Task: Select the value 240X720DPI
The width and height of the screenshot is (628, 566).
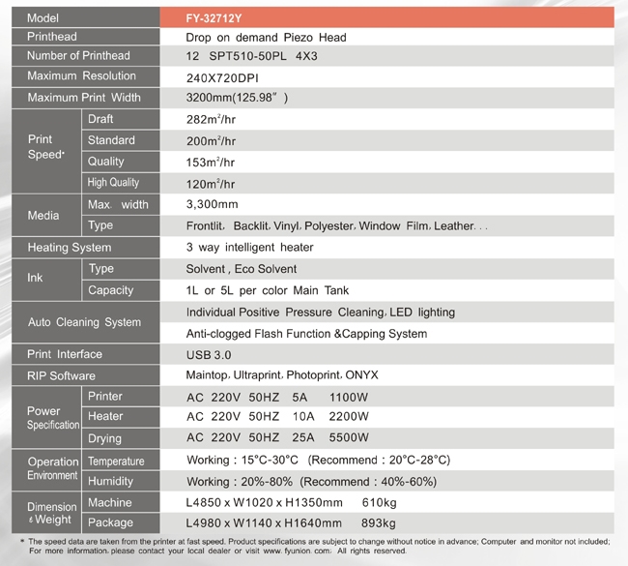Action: (223, 76)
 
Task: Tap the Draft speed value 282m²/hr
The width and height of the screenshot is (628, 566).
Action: (211, 119)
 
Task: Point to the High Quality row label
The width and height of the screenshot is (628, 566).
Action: (113, 183)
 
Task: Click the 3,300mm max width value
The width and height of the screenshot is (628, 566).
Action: (212, 204)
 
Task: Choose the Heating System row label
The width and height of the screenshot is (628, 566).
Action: (70, 248)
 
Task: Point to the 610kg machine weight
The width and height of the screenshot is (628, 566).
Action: (380, 503)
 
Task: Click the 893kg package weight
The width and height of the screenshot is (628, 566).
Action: (380, 523)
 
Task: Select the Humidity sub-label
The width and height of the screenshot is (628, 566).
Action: (110, 482)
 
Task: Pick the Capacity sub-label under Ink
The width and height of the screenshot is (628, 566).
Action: (110, 290)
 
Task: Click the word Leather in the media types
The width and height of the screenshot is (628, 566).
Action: (454, 226)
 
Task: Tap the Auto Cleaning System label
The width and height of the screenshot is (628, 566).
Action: (84, 322)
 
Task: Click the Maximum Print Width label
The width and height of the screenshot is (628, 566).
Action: (84, 98)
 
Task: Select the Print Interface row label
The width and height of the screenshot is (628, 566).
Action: (65, 355)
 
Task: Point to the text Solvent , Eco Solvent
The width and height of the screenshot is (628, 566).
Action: (242, 269)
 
